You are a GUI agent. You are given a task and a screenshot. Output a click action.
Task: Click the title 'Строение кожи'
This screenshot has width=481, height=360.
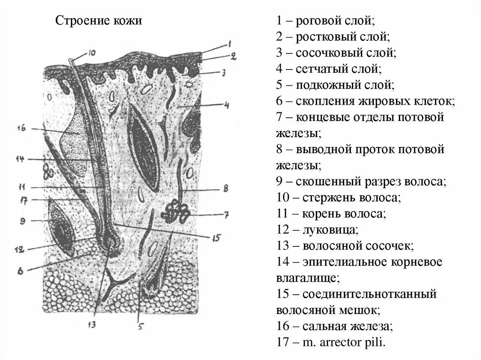click(99, 21)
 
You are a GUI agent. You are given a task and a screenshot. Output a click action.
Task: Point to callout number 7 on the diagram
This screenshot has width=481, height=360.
click(226, 215)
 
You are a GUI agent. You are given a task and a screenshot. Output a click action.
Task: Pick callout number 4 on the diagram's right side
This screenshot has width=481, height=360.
click(226, 106)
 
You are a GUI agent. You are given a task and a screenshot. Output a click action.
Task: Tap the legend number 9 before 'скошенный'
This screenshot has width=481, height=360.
click(279, 181)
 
